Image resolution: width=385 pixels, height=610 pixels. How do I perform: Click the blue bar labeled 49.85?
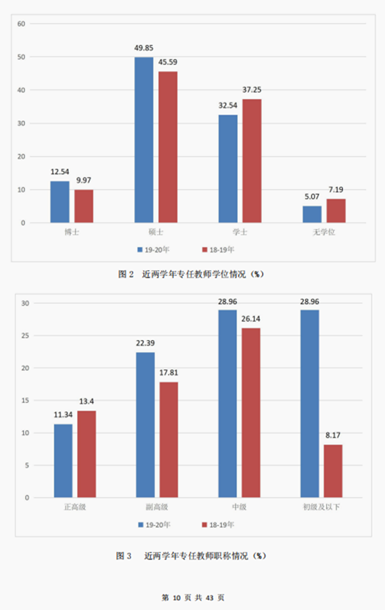click(143, 140)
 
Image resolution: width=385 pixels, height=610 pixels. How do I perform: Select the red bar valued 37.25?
click(252, 161)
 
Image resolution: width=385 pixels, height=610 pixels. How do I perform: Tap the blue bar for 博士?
click(60, 202)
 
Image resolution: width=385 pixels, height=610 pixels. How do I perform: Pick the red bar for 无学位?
click(336, 211)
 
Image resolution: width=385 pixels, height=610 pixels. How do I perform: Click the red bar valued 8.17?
click(333, 471)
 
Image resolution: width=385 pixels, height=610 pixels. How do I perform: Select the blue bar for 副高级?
click(145, 425)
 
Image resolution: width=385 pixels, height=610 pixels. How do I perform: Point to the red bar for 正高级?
click(87, 454)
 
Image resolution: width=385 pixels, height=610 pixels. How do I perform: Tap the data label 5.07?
click(311, 197)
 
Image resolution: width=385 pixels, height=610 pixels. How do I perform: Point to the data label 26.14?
click(251, 319)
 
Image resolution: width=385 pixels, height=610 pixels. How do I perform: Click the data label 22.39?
click(145, 343)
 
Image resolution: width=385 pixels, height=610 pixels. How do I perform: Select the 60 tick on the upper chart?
click(22, 24)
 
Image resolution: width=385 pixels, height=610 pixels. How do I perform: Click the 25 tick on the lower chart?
click(25, 335)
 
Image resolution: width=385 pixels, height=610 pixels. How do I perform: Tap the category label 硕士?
click(156, 232)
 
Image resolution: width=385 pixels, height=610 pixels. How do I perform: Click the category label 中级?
click(239, 507)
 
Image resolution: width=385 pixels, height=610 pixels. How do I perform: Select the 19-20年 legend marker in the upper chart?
click(140, 250)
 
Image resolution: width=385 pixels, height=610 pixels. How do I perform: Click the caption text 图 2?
click(127, 274)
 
